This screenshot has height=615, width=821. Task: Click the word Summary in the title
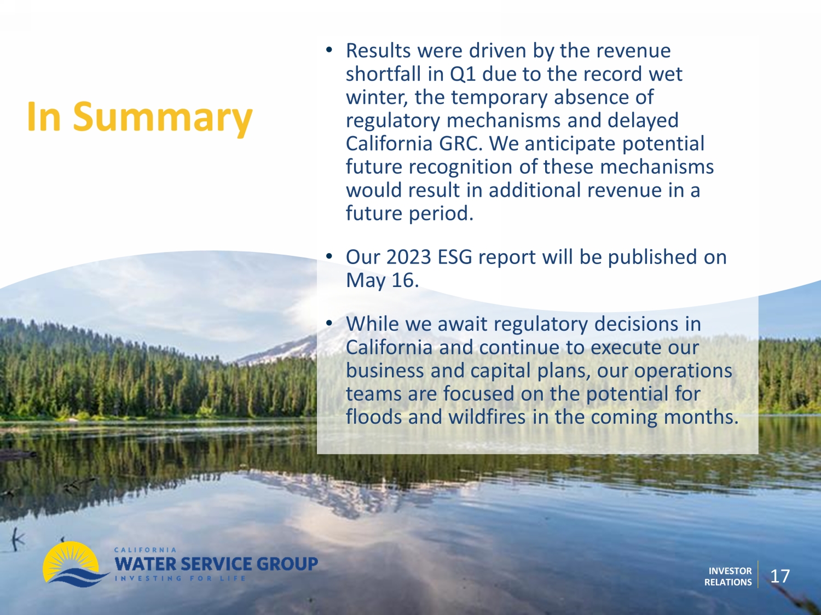point(163,118)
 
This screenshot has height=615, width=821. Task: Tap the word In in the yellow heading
point(44,116)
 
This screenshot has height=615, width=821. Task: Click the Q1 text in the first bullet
point(462,74)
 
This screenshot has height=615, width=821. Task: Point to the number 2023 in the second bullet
point(409,257)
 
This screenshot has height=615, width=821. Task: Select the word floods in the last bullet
point(374,417)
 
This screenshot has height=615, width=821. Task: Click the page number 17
point(780,576)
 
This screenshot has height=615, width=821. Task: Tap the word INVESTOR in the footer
point(730,571)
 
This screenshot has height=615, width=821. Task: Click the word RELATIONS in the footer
point(728,582)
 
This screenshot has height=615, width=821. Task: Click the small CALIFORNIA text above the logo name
point(145,549)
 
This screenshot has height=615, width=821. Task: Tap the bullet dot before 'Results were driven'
point(329,50)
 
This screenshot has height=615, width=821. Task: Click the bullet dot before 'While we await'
point(329,323)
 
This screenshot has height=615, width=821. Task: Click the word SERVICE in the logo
point(215,564)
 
